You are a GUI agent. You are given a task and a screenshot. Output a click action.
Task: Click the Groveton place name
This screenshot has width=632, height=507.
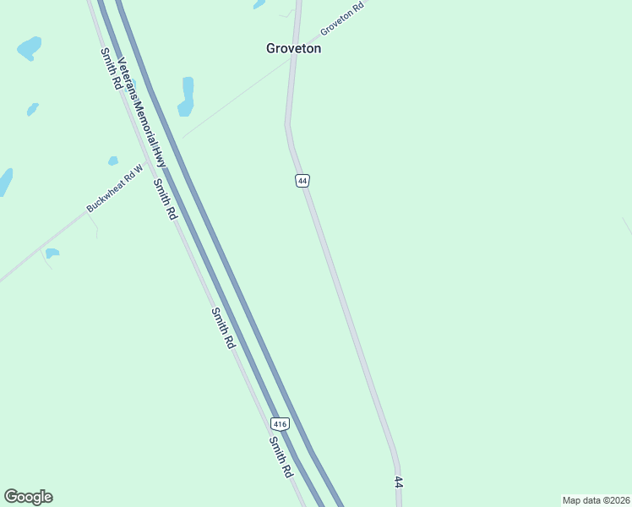[293, 48]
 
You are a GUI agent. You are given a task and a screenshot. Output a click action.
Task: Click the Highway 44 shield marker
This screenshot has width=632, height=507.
[302, 181]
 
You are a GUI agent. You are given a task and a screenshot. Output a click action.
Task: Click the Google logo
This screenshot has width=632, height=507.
[28, 497]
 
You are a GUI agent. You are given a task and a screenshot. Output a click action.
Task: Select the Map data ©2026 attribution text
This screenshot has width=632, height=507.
[596, 500]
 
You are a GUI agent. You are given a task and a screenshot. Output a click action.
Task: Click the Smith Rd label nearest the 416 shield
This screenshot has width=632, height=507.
[281, 457]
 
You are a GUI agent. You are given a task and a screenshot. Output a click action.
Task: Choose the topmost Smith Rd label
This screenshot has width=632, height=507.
[108, 69]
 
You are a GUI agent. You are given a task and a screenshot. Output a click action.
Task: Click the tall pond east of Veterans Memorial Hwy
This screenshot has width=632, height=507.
[187, 95]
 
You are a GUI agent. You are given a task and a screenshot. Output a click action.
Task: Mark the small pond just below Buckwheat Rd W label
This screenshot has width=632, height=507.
[52, 253]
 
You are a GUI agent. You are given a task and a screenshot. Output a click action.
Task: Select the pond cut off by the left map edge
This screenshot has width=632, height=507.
[5, 181]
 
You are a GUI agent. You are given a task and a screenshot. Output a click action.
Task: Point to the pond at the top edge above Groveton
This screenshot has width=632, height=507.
[259, 4]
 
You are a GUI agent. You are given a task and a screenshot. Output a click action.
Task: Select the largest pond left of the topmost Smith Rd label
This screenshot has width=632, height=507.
[29, 47]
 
